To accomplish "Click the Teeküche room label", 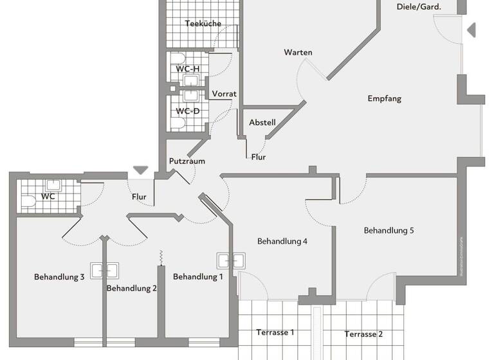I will (203, 24).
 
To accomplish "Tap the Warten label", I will (298, 52).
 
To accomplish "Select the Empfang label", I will (385, 98).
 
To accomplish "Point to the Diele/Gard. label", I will (418, 6).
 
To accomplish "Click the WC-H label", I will (188, 69).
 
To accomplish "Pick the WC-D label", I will (188, 111).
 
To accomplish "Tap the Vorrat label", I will (224, 94).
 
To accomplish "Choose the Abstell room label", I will (262, 122).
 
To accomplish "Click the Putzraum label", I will (187, 161).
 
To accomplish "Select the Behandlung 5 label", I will (389, 230).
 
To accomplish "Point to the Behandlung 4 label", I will (282, 242).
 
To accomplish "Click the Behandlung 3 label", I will (59, 277).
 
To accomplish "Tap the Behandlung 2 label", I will (132, 288).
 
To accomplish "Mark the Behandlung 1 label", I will (198, 277).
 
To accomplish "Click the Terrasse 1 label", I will (275, 332).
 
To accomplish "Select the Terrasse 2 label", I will (363, 334).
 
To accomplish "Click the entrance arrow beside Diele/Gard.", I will (471, 30).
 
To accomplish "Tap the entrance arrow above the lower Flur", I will (140, 170).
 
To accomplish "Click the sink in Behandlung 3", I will (102, 271).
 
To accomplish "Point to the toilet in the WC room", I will (29, 201).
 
